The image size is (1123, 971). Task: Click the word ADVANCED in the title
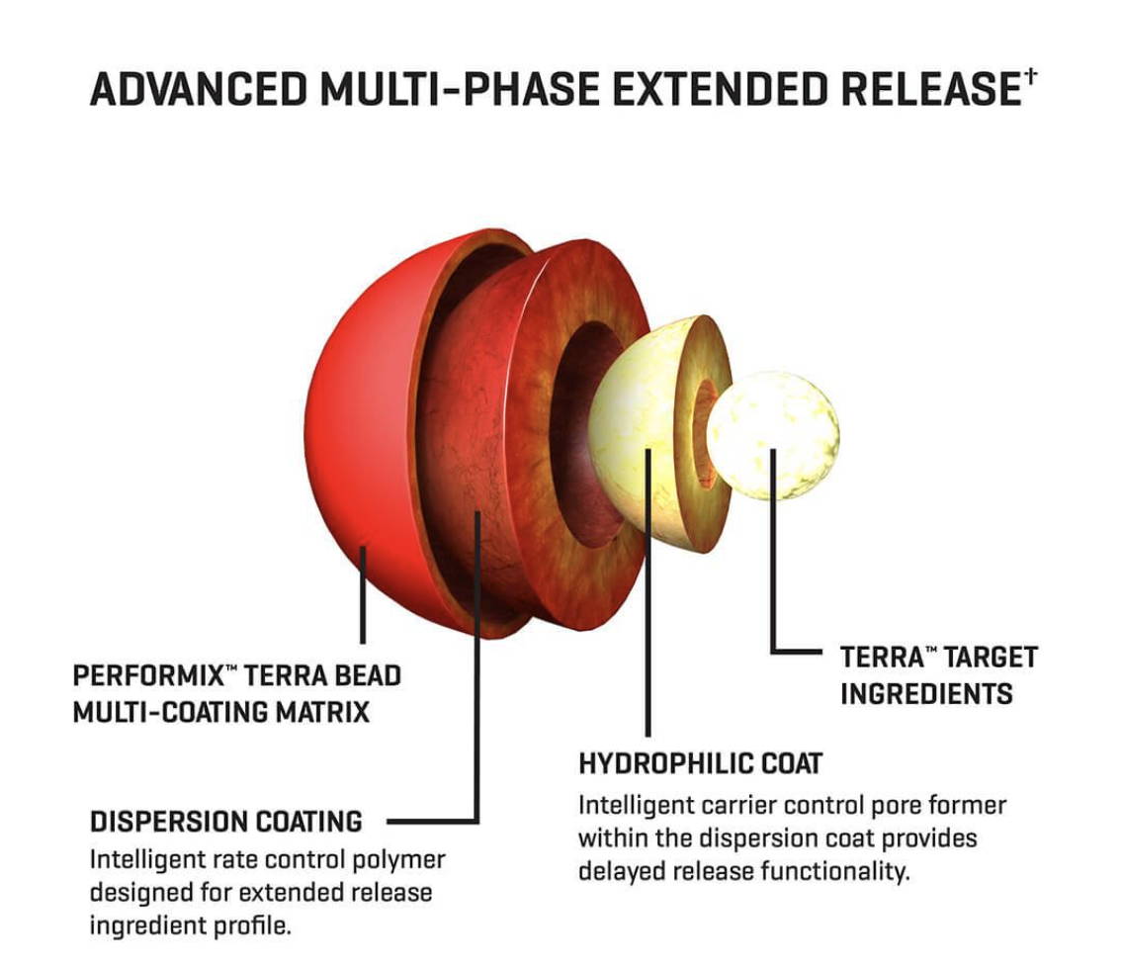click(199, 89)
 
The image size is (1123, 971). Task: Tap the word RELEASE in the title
click(930, 89)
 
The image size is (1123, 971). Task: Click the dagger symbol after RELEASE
click(1030, 75)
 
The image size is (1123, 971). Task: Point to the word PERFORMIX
click(148, 675)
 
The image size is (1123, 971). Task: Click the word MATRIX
click(323, 712)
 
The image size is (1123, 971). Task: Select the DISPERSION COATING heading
click(226, 822)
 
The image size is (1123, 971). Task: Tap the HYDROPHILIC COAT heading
click(701, 764)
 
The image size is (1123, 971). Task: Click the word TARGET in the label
click(991, 658)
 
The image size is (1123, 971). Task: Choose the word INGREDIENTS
click(926, 694)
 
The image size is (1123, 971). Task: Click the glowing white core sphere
click(773, 435)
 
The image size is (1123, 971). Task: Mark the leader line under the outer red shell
click(363, 595)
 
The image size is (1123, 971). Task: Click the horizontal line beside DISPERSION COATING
click(432, 821)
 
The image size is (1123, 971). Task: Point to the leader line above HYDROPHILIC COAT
click(648, 592)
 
